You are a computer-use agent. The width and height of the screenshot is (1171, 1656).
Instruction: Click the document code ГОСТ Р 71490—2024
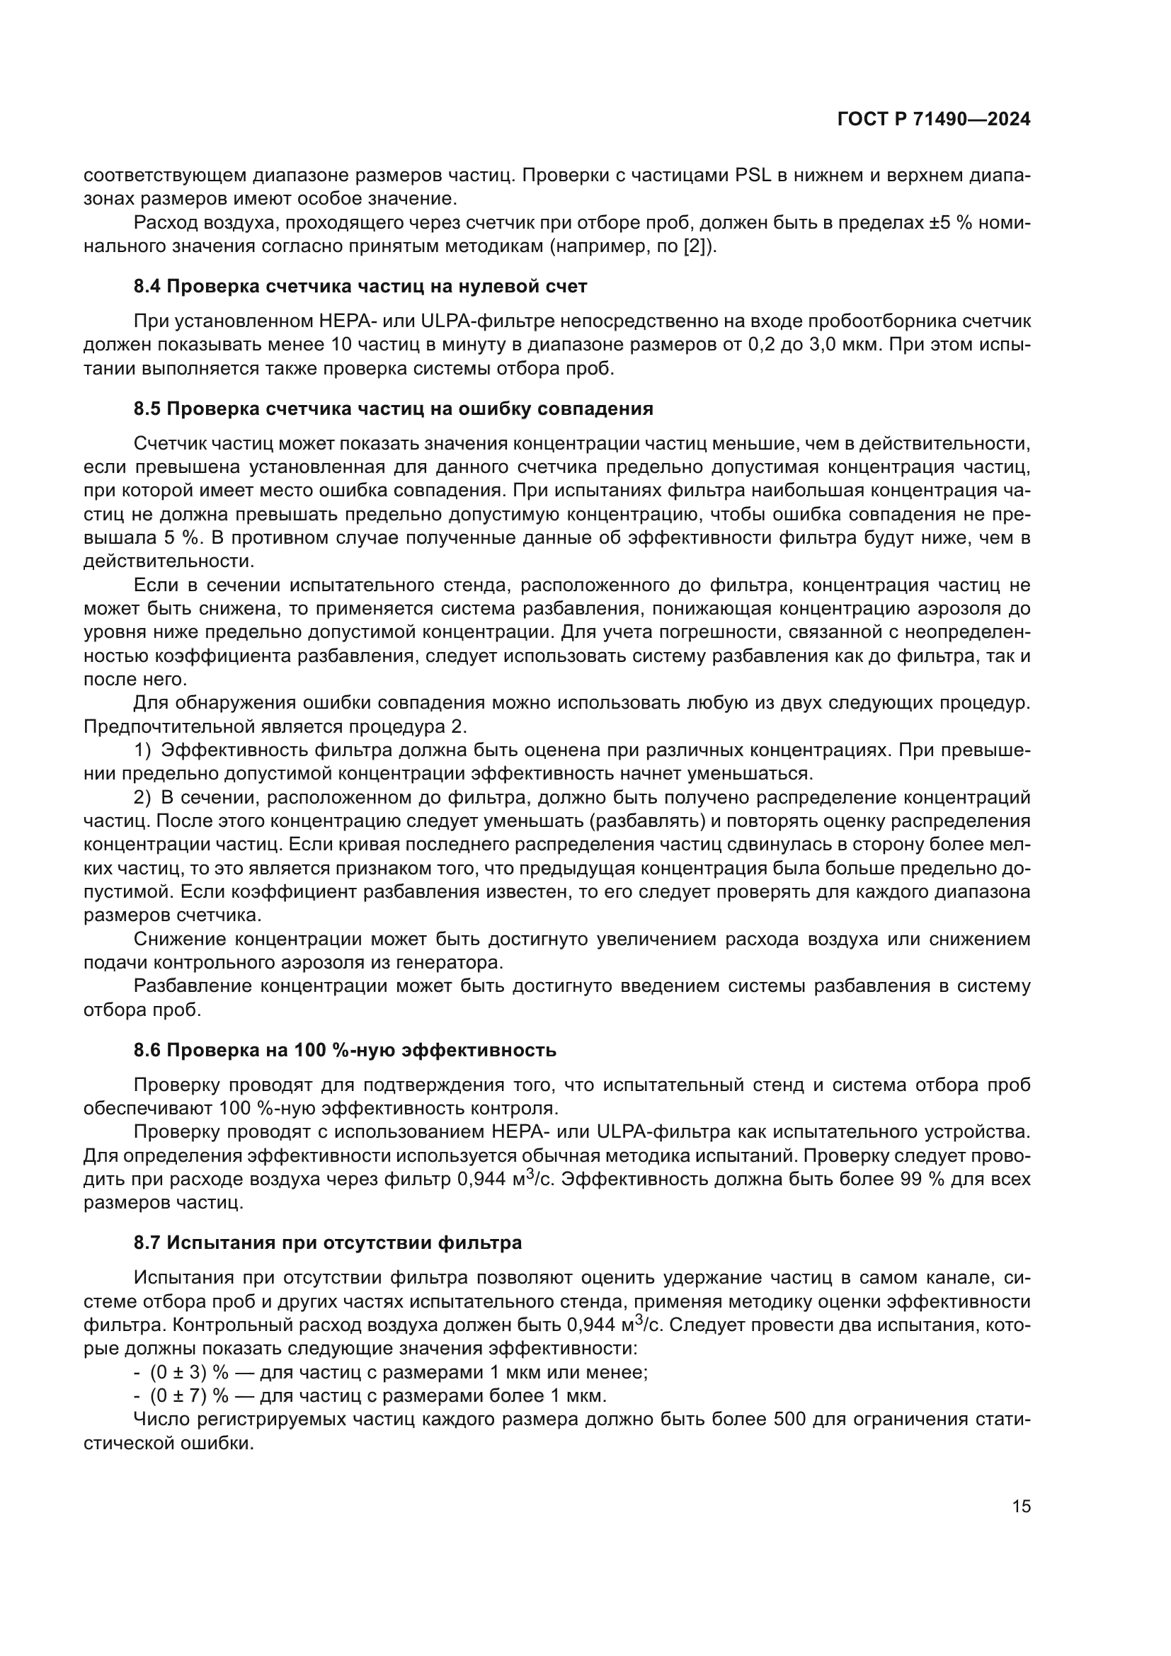pyautogui.click(x=934, y=120)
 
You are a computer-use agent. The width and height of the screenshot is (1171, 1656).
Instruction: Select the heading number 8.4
pyautogui.click(x=148, y=286)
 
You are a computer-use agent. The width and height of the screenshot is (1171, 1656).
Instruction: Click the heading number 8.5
pyautogui.click(x=148, y=409)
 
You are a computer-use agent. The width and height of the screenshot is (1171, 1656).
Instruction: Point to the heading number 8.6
pyautogui.click(x=148, y=1049)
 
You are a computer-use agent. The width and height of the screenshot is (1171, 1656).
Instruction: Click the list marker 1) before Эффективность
pyautogui.click(x=143, y=750)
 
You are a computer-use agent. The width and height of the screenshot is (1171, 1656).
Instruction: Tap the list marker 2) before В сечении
pyautogui.click(x=143, y=797)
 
